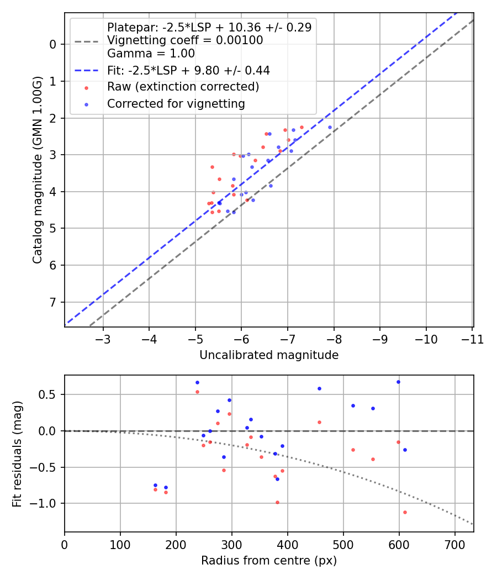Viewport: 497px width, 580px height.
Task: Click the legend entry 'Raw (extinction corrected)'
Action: pyautogui.click(x=183, y=87)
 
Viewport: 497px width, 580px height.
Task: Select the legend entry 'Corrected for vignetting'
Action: pyautogui.click(x=176, y=103)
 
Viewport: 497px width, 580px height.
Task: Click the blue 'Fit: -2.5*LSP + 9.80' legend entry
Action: pyautogui.click(x=188, y=70)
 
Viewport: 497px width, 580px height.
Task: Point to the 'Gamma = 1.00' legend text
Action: pyautogui.click(x=151, y=54)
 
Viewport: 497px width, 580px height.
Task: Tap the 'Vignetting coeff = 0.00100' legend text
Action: pyautogui.click(x=185, y=40)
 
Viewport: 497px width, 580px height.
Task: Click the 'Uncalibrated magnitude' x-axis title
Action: pyautogui.click(x=269, y=355)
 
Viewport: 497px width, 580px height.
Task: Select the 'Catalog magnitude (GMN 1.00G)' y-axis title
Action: pyautogui.click(x=37, y=169)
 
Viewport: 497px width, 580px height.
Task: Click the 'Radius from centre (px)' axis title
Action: pyautogui.click(x=269, y=561)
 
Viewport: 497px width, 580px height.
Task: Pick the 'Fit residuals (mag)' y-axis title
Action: pyautogui.click(x=17, y=454)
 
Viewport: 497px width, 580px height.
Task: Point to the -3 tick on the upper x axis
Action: pyautogui.click(x=103, y=339)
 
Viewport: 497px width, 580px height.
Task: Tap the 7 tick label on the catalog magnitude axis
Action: pyautogui.click(x=53, y=302)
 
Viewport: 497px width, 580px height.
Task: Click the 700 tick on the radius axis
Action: pyautogui.click(x=454, y=544)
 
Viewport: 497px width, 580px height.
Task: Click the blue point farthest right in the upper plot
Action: pyautogui.click(x=330, y=127)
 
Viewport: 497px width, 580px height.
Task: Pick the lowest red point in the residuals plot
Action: pyautogui.click(x=405, y=512)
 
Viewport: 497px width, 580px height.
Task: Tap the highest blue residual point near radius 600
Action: pyautogui.click(x=398, y=382)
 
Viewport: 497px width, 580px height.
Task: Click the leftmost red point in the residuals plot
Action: pyautogui.click(x=155, y=489)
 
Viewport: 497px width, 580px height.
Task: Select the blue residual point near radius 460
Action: pyautogui.click(x=319, y=388)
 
